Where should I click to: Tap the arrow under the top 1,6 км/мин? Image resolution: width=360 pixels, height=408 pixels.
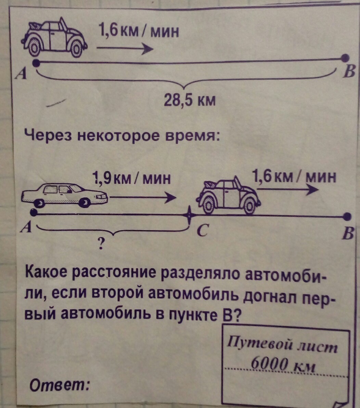(125, 49)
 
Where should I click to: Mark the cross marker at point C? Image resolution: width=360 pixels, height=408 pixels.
(189, 215)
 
